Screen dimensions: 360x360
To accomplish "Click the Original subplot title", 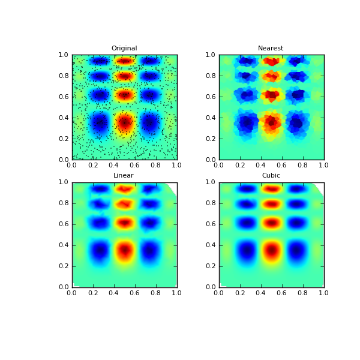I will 124,49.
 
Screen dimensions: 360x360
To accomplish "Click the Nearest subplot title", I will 271,49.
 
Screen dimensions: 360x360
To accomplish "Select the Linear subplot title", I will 124,176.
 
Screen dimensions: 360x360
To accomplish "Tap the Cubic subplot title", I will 271,176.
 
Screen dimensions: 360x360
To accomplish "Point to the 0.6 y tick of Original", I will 63,97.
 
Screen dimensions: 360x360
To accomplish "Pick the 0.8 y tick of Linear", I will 63,203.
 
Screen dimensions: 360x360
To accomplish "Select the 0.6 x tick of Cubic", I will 281,292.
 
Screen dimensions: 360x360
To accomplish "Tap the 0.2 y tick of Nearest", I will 210,139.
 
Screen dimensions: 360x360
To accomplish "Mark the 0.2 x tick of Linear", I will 92,292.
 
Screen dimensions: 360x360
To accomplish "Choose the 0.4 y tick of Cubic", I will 210,245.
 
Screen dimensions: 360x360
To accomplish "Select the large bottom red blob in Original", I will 124,122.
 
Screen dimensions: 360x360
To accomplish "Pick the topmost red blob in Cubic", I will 271,188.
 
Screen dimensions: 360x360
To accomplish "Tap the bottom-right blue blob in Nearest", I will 296,122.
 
